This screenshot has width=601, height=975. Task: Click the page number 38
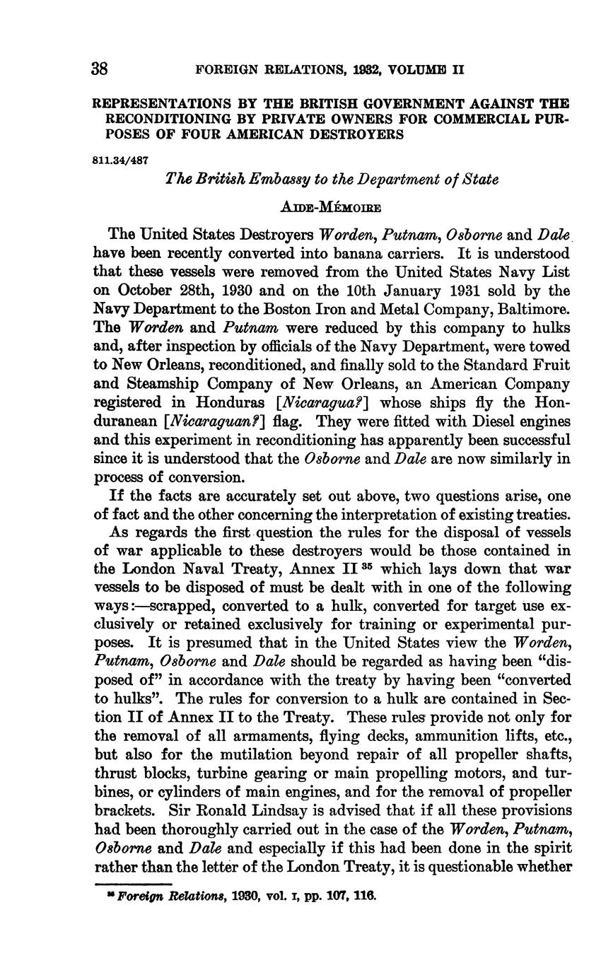[x=99, y=69]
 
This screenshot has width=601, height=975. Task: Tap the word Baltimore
[x=533, y=309]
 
